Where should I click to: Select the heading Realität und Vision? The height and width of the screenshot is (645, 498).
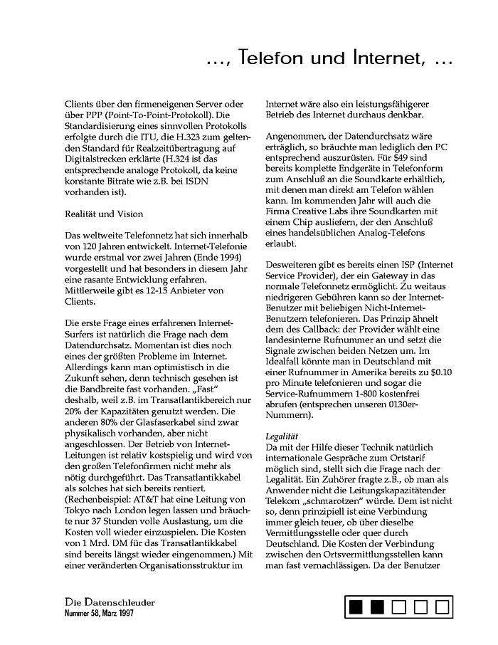[x=103, y=214]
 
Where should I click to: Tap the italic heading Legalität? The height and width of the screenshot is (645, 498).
[x=280, y=436]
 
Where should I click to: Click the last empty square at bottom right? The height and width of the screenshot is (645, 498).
[x=442, y=607]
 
